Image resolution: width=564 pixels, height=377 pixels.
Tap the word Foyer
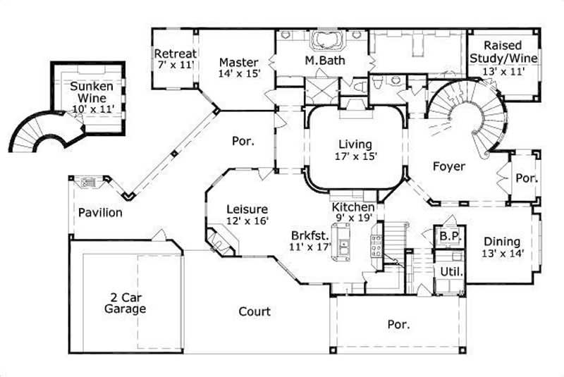click(448, 167)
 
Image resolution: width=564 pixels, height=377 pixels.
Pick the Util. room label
click(451, 271)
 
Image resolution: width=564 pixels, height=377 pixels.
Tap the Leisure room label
click(246, 209)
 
